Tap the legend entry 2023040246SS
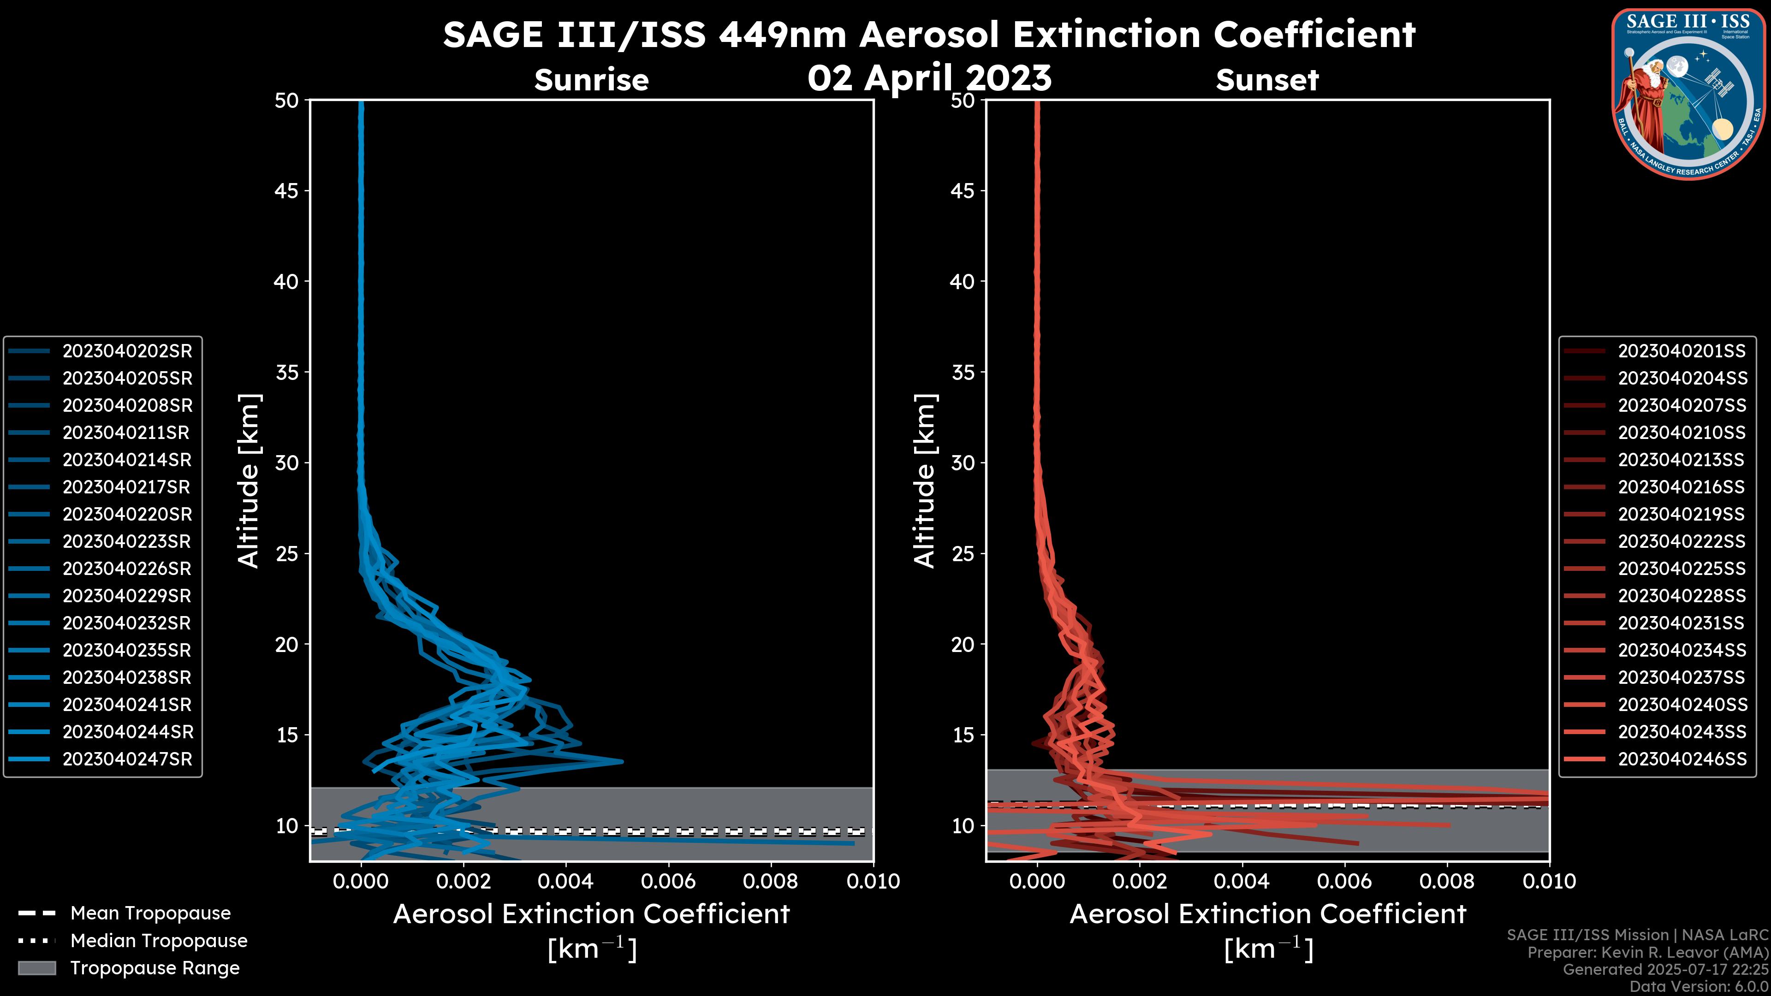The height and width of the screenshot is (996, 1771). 1682,759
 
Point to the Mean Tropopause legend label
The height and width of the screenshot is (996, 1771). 150,913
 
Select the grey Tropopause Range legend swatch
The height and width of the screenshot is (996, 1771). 37,968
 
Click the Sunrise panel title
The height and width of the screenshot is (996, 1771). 591,80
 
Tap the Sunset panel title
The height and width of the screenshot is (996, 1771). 1267,80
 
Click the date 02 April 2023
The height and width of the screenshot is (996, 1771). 929,77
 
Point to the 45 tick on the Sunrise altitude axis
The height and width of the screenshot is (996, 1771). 287,191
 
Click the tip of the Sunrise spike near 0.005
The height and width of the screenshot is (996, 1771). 622,761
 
